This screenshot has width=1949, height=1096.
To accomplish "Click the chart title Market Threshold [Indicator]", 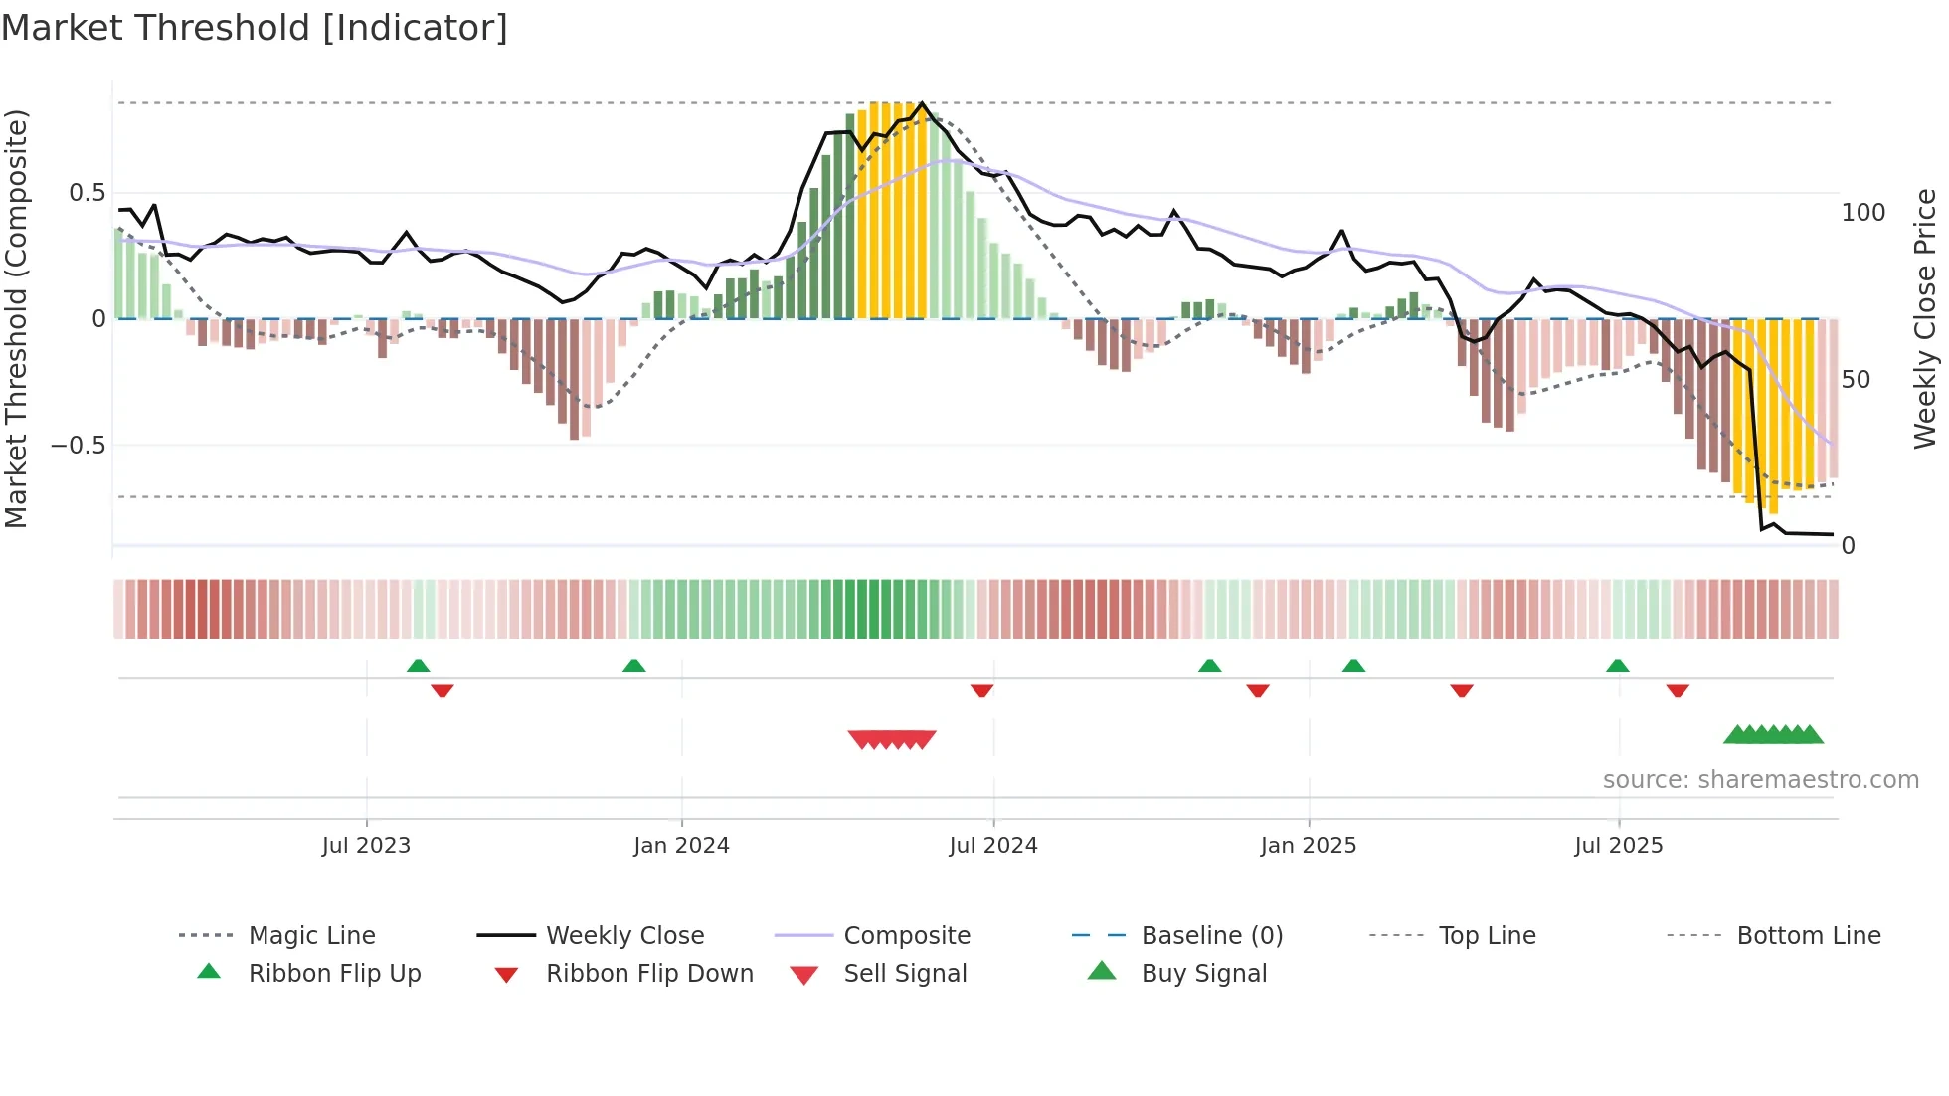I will (255, 28).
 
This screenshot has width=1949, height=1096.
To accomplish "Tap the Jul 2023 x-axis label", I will (366, 846).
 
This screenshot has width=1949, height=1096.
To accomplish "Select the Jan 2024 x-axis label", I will (681, 846).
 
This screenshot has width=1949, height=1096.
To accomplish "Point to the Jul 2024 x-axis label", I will (992, 846).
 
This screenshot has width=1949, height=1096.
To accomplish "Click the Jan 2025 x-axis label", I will (1308, 846).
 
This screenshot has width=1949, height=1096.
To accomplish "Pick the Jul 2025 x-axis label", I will (1618, 846).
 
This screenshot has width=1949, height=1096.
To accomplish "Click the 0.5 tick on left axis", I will (88, 193).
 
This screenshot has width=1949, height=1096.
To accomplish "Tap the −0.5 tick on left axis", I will (79, 445).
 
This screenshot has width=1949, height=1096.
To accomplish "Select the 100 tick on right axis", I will (1862, 213).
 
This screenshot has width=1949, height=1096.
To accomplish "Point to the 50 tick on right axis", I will (1856, 380).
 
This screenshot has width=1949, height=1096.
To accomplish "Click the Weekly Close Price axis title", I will (1925, 318).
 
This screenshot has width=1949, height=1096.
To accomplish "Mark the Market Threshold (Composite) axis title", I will (16, 318).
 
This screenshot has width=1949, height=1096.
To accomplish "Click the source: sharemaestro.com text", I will (1760, 780).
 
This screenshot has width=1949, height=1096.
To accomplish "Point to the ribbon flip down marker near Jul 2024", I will (981, 690).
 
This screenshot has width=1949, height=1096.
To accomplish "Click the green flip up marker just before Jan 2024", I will (633, 666).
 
